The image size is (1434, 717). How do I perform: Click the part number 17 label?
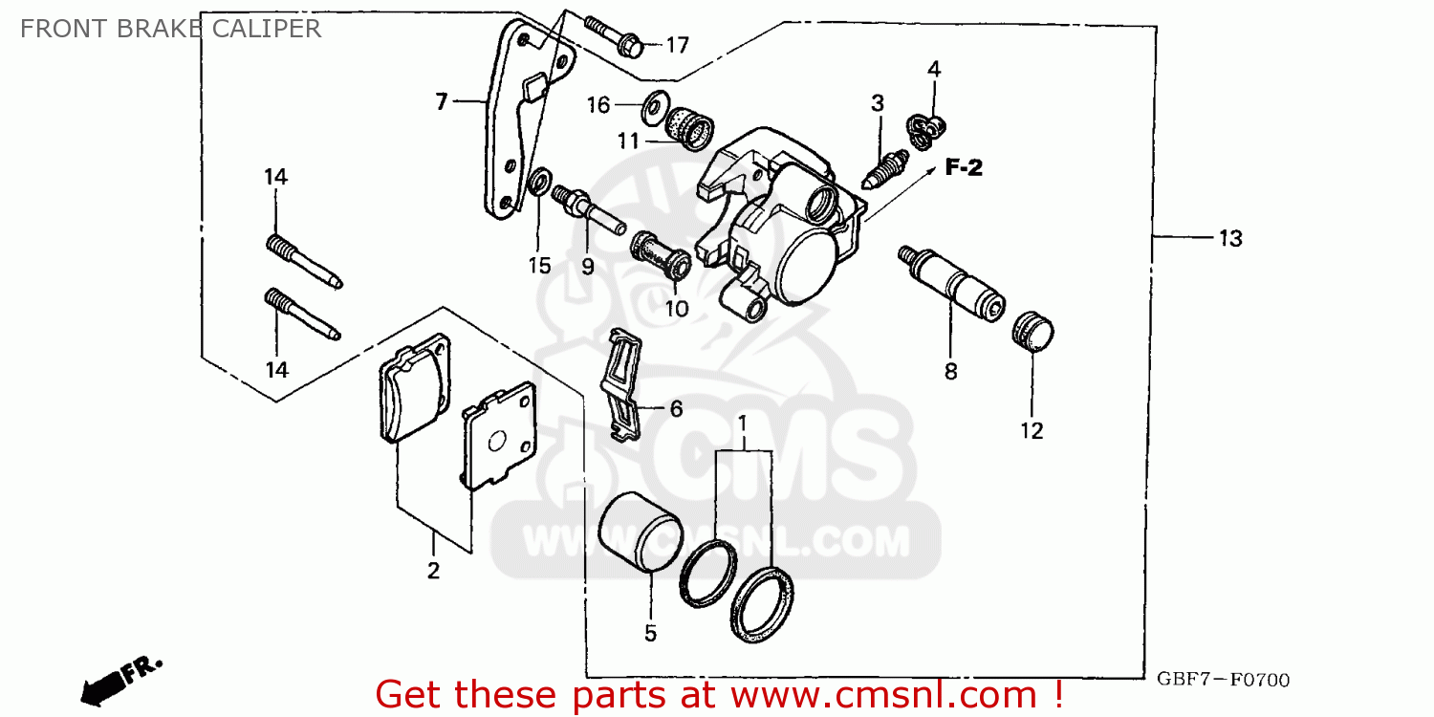pyautogui.click(x=677, y=45)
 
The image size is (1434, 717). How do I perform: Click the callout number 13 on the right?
pyautogui.click(x=1229, y=238)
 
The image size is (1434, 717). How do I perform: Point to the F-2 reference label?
pyautogui.click(x=964, y=168)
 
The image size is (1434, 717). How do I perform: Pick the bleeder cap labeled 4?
pyautogui.click(x=926, y=131)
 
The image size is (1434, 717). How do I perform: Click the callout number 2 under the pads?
pyautogui.click(x=433, y=571)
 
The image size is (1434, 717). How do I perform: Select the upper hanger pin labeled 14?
pyautogui.click(x=303, y=261)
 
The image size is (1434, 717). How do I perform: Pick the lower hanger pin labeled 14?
pyautogui.click(x=303, y=315)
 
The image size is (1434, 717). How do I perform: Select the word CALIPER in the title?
pyautogui.click(x=268, y=28)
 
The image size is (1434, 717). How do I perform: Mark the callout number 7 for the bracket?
pyautogui.click(x=441, y=101)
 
